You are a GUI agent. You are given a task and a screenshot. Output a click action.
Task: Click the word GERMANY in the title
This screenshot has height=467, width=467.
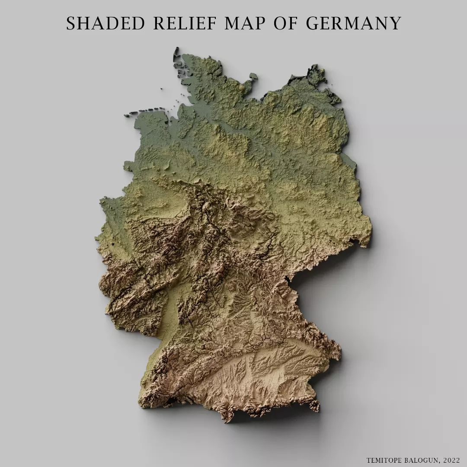(354, 24)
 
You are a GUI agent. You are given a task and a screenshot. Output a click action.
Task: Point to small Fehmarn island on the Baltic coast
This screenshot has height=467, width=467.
(253, 76)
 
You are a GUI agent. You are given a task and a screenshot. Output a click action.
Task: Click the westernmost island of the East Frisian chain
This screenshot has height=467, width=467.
(128, 115)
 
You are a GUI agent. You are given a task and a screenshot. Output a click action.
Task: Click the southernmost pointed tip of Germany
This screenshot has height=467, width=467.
(226, 420)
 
